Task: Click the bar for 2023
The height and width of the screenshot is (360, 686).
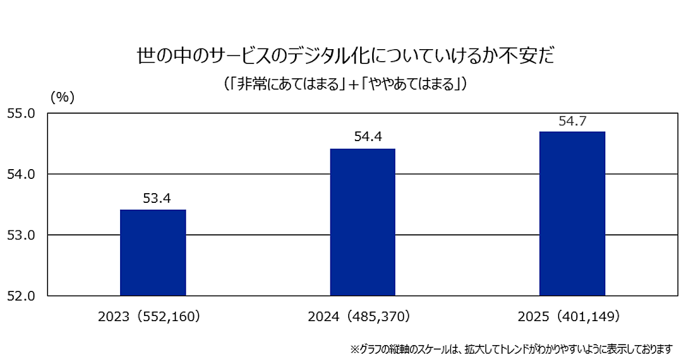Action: click(153, 253)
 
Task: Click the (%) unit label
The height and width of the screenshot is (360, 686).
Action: click(63, 97)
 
